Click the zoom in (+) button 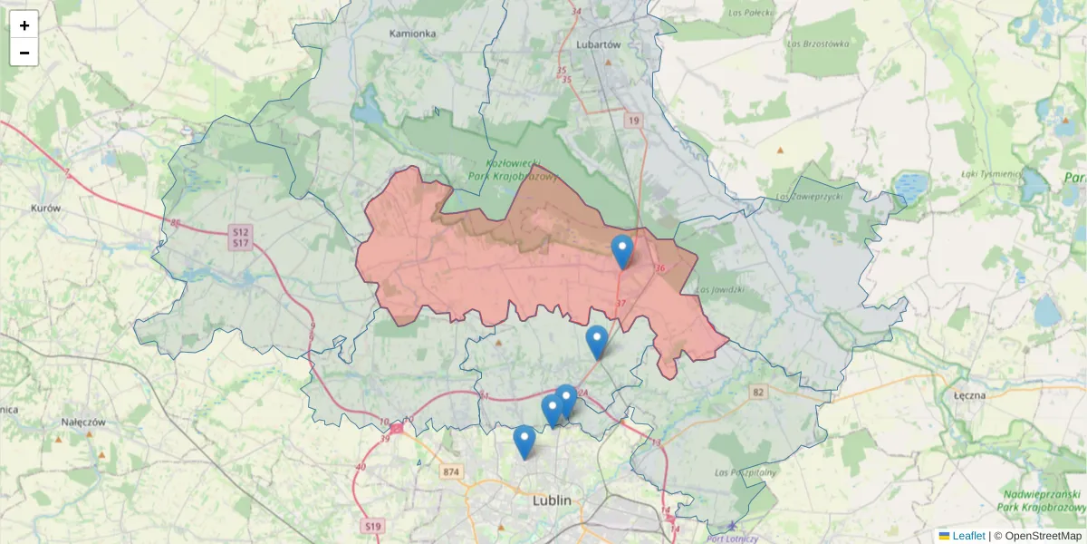pyautogui.click(x=24, y=25)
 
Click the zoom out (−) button pyautogui.click(x=24, y=53)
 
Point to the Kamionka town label pyautogui.click(x=412, y=34)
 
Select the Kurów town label pyautogui.click(x=45, y=208)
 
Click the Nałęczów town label pyautogui.click(x=84, y=423)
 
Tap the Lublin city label pyautogui.click(x=552, y=500)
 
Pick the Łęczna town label pyautogui.click(x=970, y=396)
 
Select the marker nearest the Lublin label pyautogui.click(x=524, y=442)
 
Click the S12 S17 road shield pyautogui.click(x=240, y=238)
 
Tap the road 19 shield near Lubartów pyautogui.click(x=632, y=121)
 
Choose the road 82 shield pyautogui.click(x=758, y=392)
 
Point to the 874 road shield pyautogui.click(x=452, y=471)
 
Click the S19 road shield pyautogui.click(x=372, y=526)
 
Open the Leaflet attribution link pyautogui.click(x=967, y=536)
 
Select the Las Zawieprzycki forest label pyautogui.click(x=809, y=196)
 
